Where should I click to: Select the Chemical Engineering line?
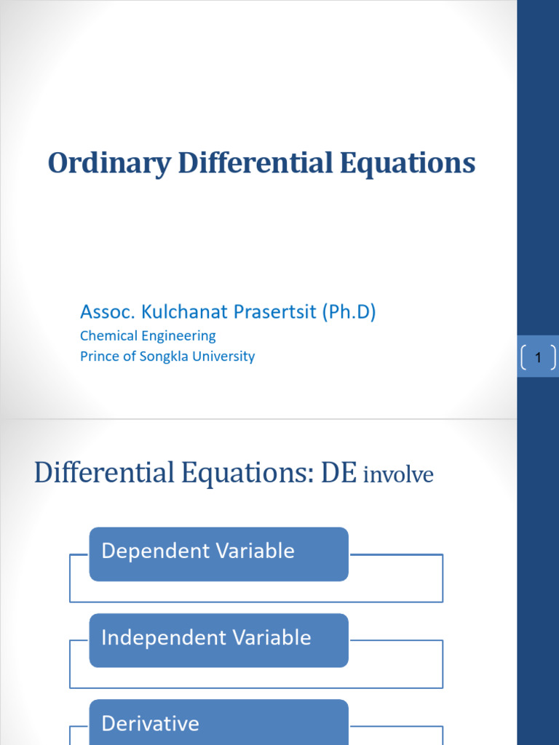coord(148,336)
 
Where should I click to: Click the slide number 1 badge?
coord(538,357)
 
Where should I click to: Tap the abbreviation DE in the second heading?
coord(339,473)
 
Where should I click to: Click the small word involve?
coord(398,475)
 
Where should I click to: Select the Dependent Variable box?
coord(218,554)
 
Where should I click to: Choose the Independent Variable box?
coord(218,640)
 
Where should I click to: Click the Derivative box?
coord(218,723)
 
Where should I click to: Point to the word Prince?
coord(98,356)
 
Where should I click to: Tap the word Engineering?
coord(182,336)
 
